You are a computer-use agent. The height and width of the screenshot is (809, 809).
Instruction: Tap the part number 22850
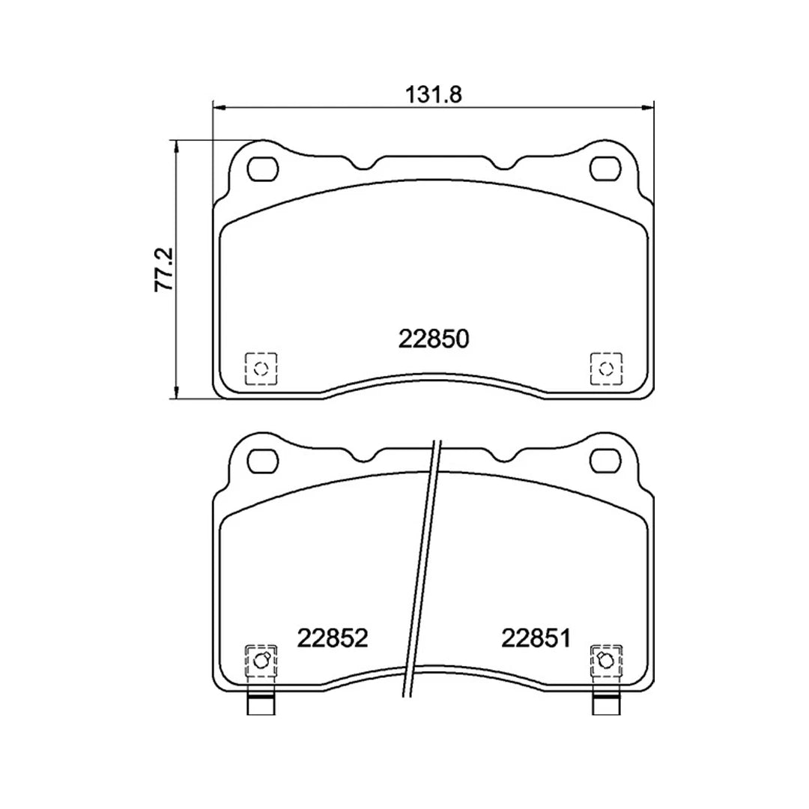pyautogui.click(x=434, y=339)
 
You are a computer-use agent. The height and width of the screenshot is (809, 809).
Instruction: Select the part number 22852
pyautogui.click(x=333, y=638)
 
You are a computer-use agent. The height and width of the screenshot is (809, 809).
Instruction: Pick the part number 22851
pyautogui.click(x=536, y=638)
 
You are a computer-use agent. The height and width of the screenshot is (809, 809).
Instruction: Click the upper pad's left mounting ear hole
pyautogui.click(x=261, y=169)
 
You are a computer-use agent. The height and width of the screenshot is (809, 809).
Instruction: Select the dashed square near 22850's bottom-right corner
pyautogui.click(x=606, y=369)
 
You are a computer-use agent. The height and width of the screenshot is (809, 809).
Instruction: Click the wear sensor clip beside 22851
pyautogui.click(x=606, y=661)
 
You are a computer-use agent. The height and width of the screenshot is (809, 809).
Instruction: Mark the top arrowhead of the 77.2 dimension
pyautogui.click(x=177, y=147)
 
